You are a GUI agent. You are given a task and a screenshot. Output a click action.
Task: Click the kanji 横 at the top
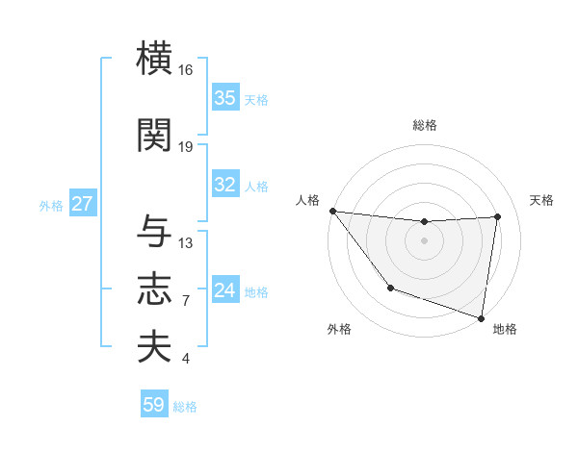[x=155, y=58]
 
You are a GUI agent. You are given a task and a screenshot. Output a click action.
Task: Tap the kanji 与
[x=155, y=231]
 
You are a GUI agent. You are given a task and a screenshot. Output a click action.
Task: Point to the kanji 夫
[x=155, y=346]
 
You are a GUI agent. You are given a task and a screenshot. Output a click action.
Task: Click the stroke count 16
[x=186, y=70]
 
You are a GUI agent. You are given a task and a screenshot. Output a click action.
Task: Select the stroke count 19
[x=186, y=147]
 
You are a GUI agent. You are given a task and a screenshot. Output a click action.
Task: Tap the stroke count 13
[x=186, y=243]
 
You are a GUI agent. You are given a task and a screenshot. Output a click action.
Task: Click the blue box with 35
[x=225, y=98]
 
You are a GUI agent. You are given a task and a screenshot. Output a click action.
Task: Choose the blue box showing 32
[x=225, y=185]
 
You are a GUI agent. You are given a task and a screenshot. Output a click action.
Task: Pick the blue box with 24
[x=225, y=290]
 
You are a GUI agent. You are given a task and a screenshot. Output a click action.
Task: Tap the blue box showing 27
[x=83, y=204]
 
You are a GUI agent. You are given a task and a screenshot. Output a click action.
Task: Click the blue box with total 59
[x=154, y=405]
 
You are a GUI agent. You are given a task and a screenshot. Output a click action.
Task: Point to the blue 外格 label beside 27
[x=51, y=205]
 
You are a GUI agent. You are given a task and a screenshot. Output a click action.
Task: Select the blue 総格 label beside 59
[x=185, y=407]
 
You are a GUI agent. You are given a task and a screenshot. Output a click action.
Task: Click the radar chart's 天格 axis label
[x=541, y=200]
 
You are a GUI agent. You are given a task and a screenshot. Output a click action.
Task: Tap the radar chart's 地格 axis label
[x=505, y=329]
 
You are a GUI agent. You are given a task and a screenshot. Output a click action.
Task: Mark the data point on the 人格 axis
[x=332, y=211]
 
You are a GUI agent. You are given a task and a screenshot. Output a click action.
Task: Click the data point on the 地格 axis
[x=481, y=317]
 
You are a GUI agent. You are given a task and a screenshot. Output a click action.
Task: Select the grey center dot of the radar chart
[x=424, y=240]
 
